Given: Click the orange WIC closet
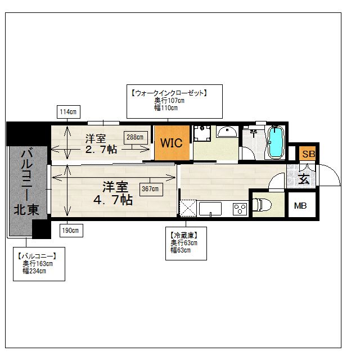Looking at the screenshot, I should (x=172, y=143).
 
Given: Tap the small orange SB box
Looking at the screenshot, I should (x=308, y=154).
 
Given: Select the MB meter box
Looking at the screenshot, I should (x=300, y=206).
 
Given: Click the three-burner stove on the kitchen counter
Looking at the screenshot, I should (x=240, y=209).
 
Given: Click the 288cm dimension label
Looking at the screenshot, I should (x=134, y=137).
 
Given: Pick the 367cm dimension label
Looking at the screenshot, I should (x=150, y=189).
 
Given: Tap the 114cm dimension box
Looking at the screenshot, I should (x=67, y=112).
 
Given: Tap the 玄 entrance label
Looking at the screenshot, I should (x=303, y=179).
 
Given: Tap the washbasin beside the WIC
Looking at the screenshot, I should (x=227, y=132).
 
